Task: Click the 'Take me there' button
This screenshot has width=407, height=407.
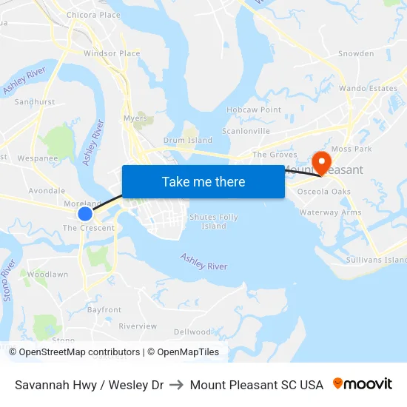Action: point(203,181)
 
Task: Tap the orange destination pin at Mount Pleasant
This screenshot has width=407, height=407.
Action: point(322,161)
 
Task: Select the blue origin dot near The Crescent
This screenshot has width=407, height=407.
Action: point(85,214)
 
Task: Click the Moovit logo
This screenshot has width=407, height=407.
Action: point(363,384)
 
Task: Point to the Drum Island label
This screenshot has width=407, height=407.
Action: point(187,140)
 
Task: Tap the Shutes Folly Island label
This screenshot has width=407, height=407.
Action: point(214,221)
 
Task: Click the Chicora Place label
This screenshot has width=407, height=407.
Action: point(93,15)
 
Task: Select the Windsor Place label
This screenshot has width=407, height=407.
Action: point(112,53)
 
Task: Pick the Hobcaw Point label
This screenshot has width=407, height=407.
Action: point(254,110)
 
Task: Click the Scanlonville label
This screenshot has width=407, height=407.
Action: point(246,131)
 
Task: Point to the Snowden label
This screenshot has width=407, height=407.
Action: point(356,53)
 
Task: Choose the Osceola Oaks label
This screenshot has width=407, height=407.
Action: point(323,192)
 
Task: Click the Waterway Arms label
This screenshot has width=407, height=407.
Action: point(330,212)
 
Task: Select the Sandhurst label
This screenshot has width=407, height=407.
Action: point(35,102)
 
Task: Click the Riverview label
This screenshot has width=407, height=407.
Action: point(138,326)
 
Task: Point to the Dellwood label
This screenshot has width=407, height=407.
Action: point(192,332)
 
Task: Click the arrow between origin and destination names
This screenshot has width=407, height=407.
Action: point(177,385)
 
